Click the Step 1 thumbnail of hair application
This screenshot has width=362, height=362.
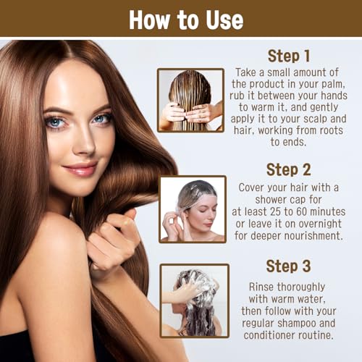tap(190, 100)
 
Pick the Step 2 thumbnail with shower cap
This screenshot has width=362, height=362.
tap(192, 209)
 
